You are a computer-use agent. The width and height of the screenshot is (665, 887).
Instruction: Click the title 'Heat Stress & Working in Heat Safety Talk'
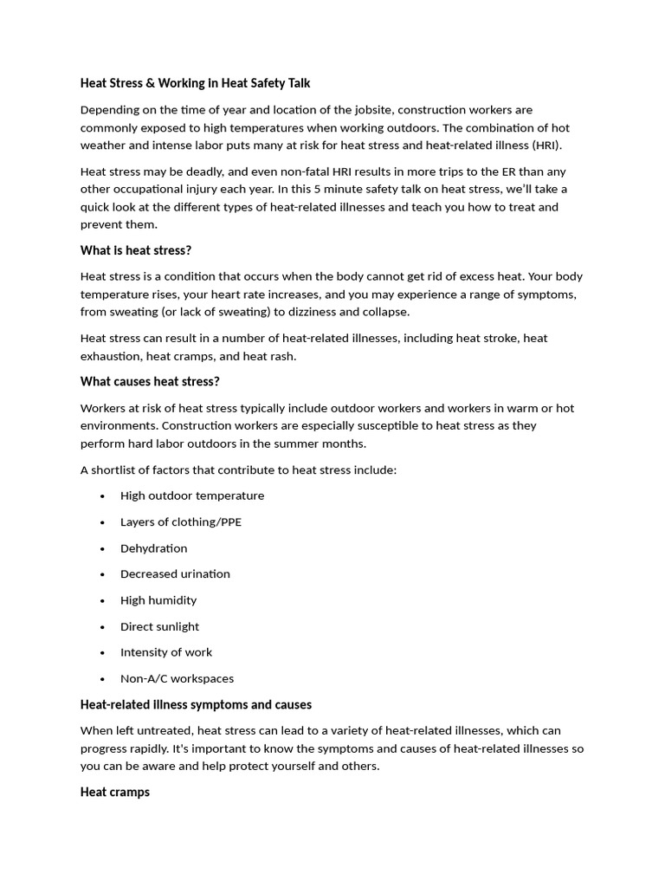point(195,83)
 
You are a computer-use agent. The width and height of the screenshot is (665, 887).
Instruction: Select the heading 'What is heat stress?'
point(136,250)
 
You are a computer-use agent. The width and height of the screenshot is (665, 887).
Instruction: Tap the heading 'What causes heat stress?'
point(150,381)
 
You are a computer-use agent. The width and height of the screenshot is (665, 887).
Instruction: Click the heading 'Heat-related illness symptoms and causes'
point(196,704)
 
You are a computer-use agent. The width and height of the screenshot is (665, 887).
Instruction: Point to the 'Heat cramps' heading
point(115,792)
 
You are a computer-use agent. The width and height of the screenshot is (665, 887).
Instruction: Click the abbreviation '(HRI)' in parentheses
point(547,145)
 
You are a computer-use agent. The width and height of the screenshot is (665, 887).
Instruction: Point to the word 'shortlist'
point(118,469)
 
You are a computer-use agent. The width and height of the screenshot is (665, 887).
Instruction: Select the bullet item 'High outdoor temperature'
point(192,495)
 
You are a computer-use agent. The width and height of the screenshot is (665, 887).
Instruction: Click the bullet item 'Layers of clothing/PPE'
point(181,521)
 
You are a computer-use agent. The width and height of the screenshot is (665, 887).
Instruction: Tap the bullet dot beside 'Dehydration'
point(102,548)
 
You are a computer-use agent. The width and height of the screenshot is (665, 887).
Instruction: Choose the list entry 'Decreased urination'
point(175,573)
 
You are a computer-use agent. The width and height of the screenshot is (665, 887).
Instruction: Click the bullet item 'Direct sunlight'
point(159,626)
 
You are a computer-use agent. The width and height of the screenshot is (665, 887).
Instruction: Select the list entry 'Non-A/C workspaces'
point(177,678)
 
